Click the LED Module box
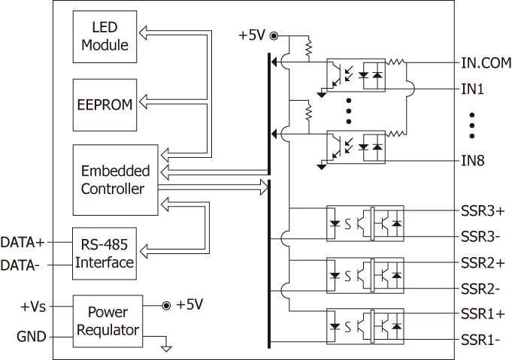click(x=105, y=37)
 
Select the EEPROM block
click(x=105, y=104)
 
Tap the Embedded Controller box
click(x=115, y=180)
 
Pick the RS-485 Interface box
click(x=105, y=253)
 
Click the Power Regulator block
click(x=108, y=321)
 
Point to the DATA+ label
click(x=23, y=243)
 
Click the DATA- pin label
click(x=20, y=265)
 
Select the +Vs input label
click(x=33, y=307)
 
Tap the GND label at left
click(x=32, y=337)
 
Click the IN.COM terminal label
click(x=486, y=62)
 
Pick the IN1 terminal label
click(x=472, y=89)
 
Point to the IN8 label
click(x=472, y=161)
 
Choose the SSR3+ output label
click(x=483, y=211)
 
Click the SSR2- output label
click(x=480, y=289)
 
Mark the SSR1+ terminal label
click(x=483, y=314)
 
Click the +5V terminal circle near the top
click(x=274, y=35)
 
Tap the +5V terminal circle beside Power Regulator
click(x=166, y=306)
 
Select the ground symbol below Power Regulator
click(x=166, y=349)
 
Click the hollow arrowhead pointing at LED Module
click(x=143, y=33)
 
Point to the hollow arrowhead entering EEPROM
click(x=143, y=101)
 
